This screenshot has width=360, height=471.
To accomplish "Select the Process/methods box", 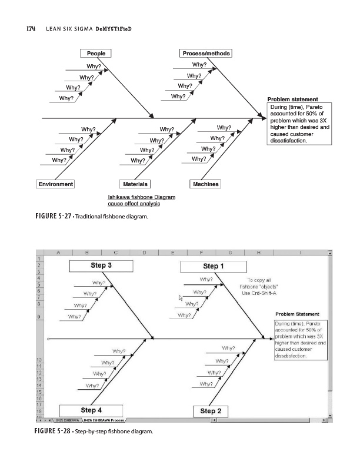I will pyautogui.click(x=206, y=54).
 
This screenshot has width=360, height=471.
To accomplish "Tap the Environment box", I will pyautogui.click(x=56, y=184).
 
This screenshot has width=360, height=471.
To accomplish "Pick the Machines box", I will pyautogui.click(x=205, y=184).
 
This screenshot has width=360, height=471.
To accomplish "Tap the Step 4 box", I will pyautogui.click(x=91, y=410).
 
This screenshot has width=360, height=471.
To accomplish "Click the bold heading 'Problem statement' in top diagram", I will pyautogui.click(x=292, y=99).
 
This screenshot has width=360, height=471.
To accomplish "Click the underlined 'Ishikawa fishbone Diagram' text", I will pyautogui.click(x=133, y=197).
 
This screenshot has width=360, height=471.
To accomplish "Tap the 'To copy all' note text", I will pyautogui.click(x=259, y=280).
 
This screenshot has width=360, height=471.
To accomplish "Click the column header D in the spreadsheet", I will pyautogui.click(x=144, y=252).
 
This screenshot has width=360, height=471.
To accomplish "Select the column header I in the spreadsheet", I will pyautogui.click(x=300, y=252).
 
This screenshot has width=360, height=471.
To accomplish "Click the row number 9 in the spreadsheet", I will pyautogui.click(x=40, y=317).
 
